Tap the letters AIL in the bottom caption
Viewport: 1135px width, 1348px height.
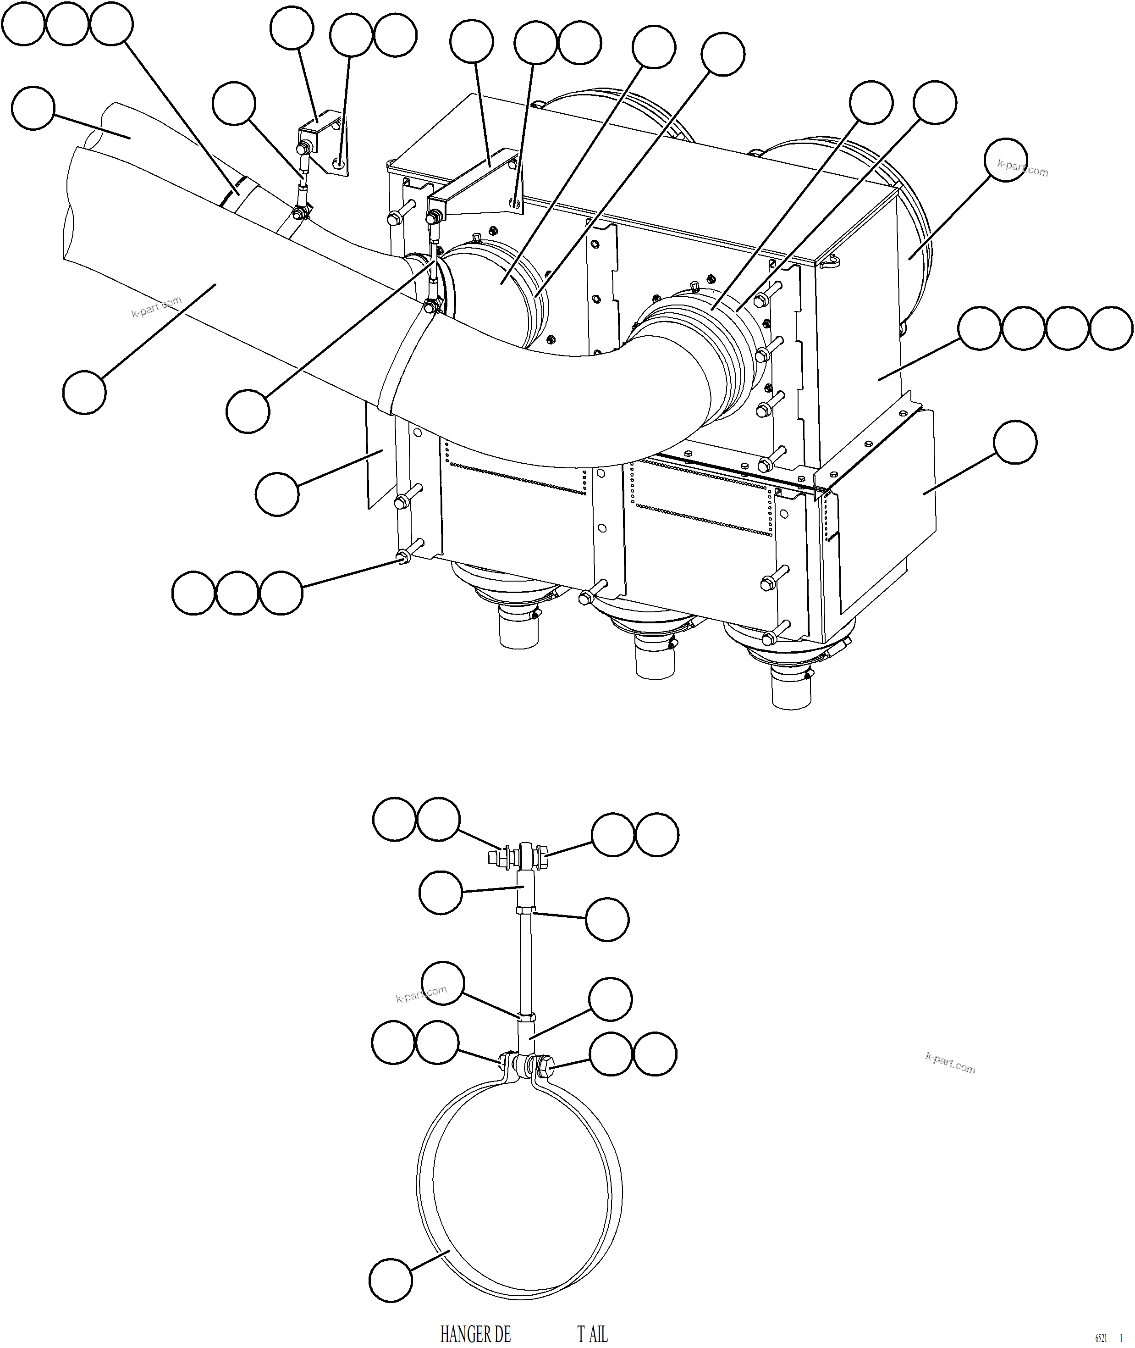point(598,1334)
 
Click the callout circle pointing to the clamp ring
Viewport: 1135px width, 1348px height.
point(391,1281)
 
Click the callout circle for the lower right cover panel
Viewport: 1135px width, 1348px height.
point(1015,442)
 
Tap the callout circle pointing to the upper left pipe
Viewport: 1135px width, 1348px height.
point(33,108)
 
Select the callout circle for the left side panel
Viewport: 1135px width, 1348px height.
point(277,494)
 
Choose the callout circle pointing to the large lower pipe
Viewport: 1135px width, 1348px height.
point(84,392)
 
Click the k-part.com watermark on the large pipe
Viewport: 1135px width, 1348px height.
point(156,307)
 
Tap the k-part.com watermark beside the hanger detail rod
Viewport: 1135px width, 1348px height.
point(421,994)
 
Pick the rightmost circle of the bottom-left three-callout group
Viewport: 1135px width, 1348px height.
point(281,592)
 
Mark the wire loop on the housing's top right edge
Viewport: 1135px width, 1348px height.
point(831,260)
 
